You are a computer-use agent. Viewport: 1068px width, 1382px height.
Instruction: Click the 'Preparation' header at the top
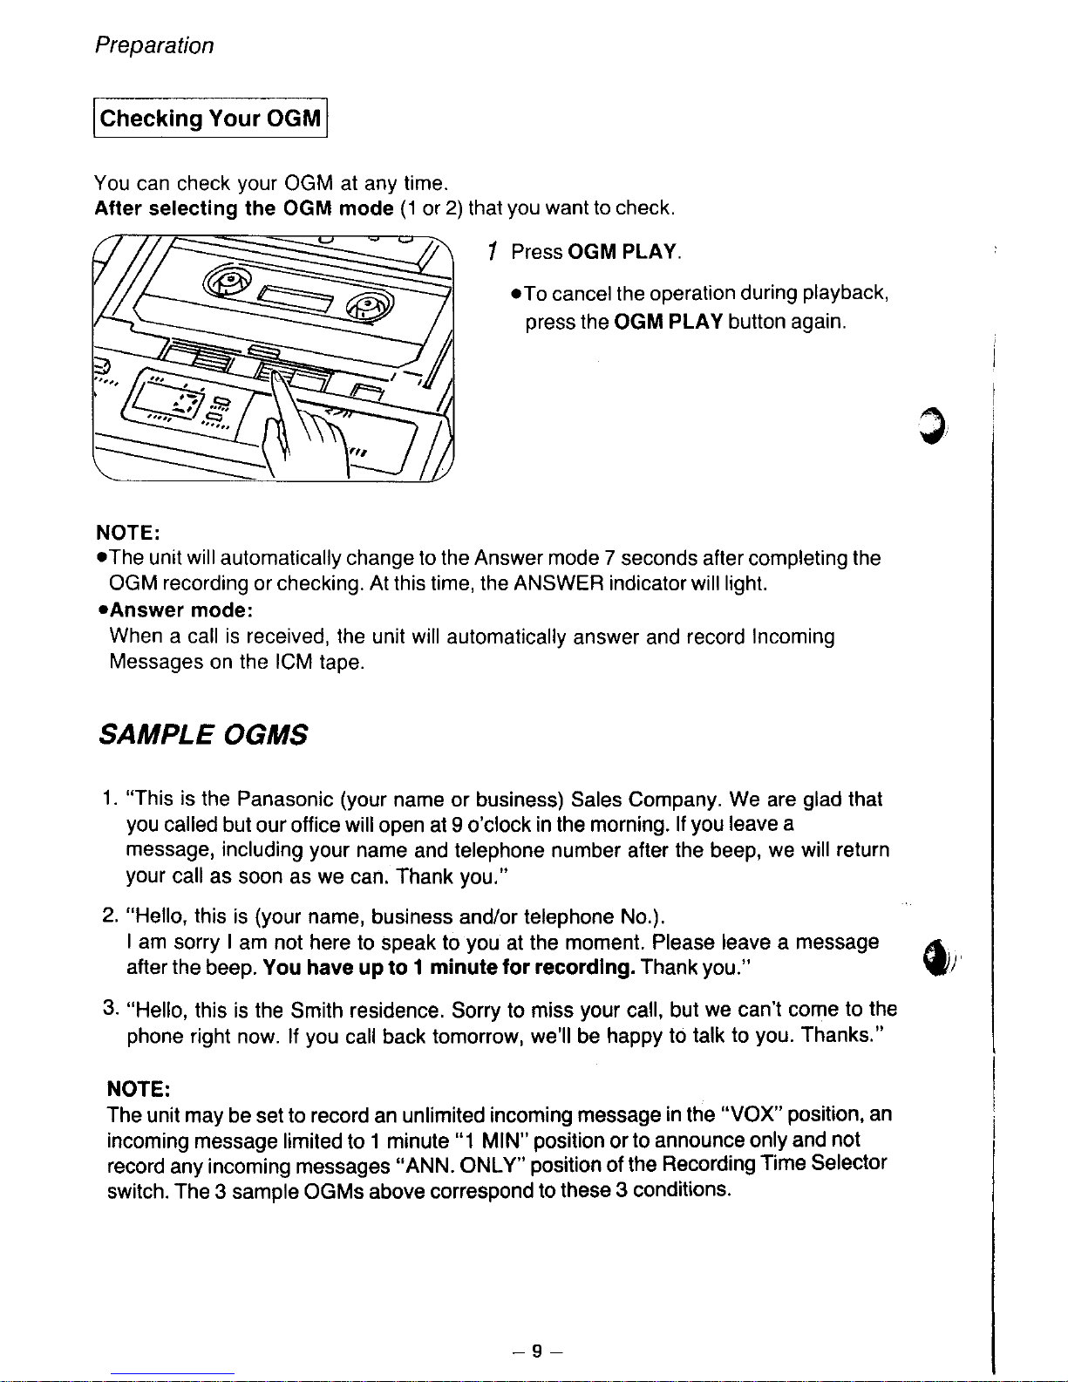coord(154,46)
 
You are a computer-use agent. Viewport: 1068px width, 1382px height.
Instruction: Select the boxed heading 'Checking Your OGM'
coord(210,118)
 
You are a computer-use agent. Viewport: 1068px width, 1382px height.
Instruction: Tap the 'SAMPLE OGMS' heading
coord(203,734)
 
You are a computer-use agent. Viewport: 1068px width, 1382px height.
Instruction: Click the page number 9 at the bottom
coord(537,1351)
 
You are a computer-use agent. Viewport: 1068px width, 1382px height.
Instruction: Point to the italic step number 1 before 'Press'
coord(492,252)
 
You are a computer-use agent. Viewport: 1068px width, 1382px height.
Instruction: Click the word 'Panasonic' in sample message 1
coord(285,799)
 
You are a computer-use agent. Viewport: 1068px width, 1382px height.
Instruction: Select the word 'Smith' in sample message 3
coord(316,1010)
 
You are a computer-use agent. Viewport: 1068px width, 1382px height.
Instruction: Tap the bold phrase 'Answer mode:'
coord(181,610)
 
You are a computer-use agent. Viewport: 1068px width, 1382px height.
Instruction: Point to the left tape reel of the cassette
coord(227,281)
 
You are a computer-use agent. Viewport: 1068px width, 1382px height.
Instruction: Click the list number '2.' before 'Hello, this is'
coord(110,916)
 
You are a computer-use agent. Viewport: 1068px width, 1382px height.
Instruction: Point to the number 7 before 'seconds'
coord(609,558)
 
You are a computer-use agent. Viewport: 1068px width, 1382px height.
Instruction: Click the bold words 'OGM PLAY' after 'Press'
coord(622,252)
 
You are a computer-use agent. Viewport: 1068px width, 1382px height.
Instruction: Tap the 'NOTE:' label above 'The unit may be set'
coord(139,1089)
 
